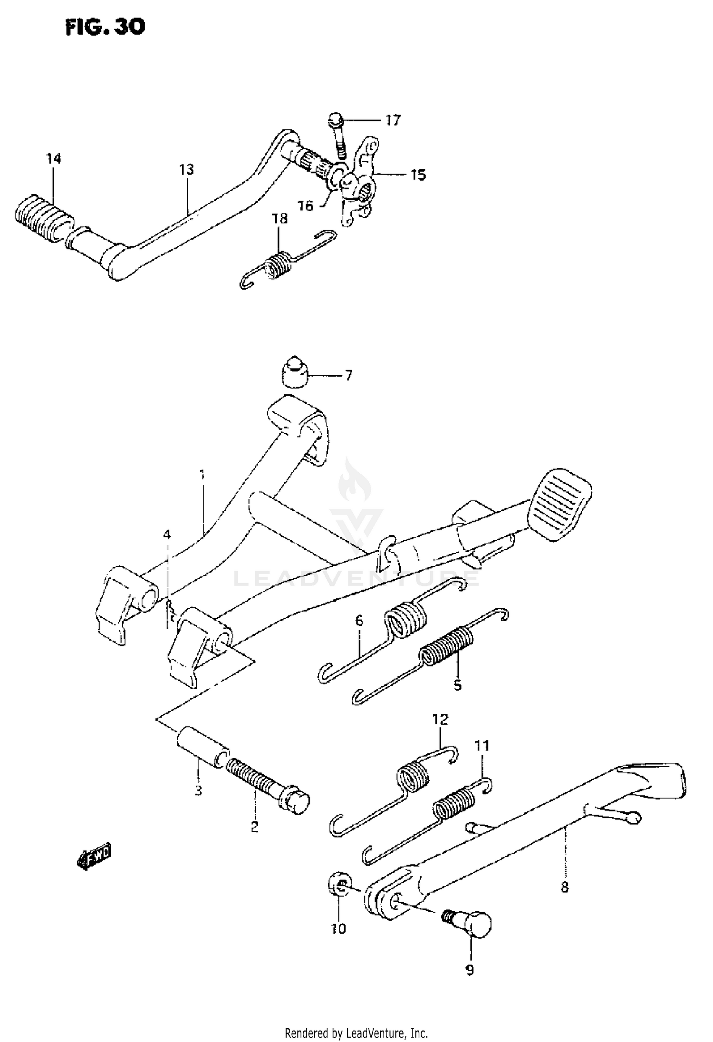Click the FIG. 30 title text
tap(105, 27)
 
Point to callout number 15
tap(418, 175)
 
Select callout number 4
tap(166, 535)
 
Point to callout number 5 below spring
tap(457, 685)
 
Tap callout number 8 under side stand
tap(564, 887)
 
